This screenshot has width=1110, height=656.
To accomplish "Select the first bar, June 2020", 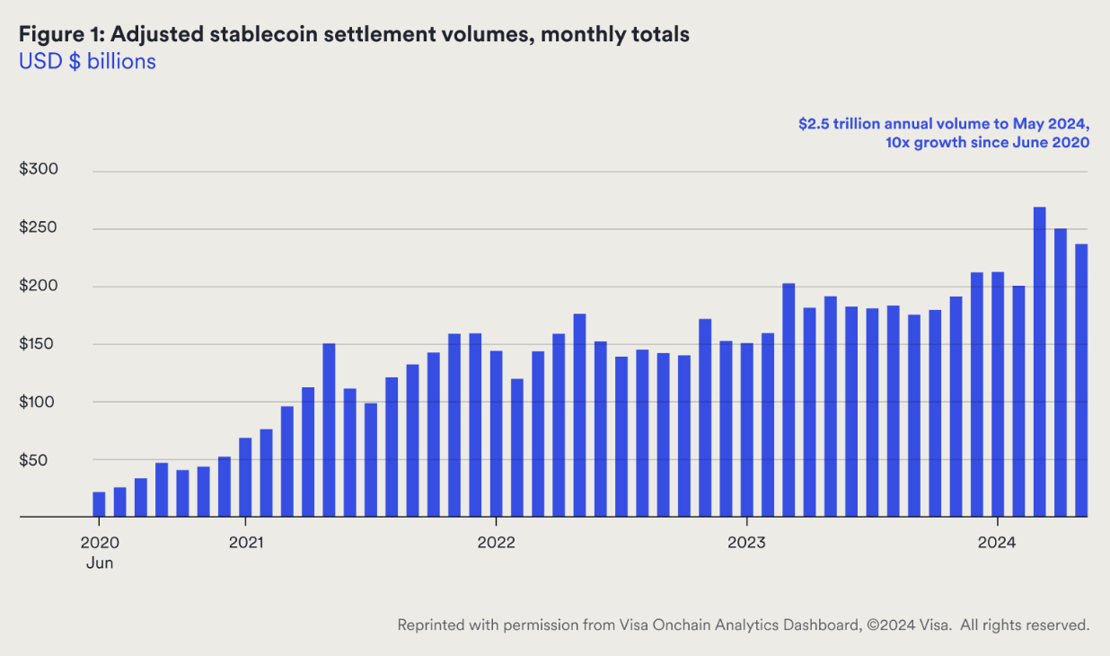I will [x=99, y=504].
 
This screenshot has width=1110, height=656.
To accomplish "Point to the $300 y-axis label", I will [x=40, y=171].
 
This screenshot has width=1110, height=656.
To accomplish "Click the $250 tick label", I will [x=40, y=228].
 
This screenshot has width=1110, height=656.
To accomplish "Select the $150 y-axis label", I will [x=40, y=344].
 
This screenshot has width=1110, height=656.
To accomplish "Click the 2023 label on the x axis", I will [x=746, y=543].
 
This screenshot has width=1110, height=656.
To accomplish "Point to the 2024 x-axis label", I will [x=997, y=543].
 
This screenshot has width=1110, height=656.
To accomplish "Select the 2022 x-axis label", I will [x=496, y=543].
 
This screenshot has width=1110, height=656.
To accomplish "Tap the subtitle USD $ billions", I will [x=87, y=62].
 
